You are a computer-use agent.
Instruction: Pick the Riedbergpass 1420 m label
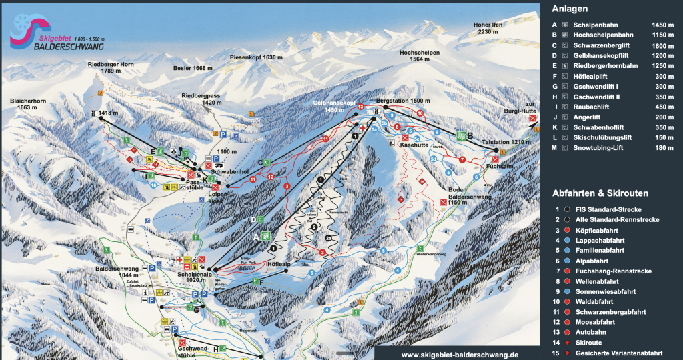pyautogui.click(x=202, y=99)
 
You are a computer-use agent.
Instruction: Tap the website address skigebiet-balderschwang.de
pyautogui.click(x=460, y=355)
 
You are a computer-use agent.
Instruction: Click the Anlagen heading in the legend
pyautogui.click(x=570, y=9)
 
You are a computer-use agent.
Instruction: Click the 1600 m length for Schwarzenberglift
pyautogui.click(x=664, y=47)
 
